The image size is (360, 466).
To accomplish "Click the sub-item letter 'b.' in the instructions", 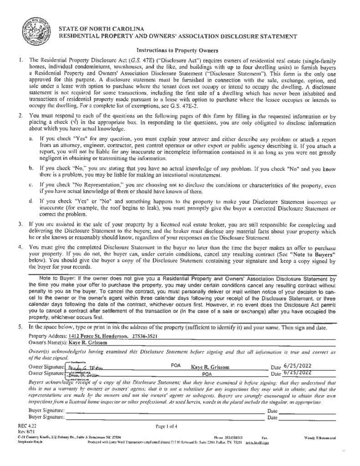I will (30, 168).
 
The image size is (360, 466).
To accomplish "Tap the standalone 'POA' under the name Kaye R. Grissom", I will (208, 374).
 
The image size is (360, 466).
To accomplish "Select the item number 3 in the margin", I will (20, 225).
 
